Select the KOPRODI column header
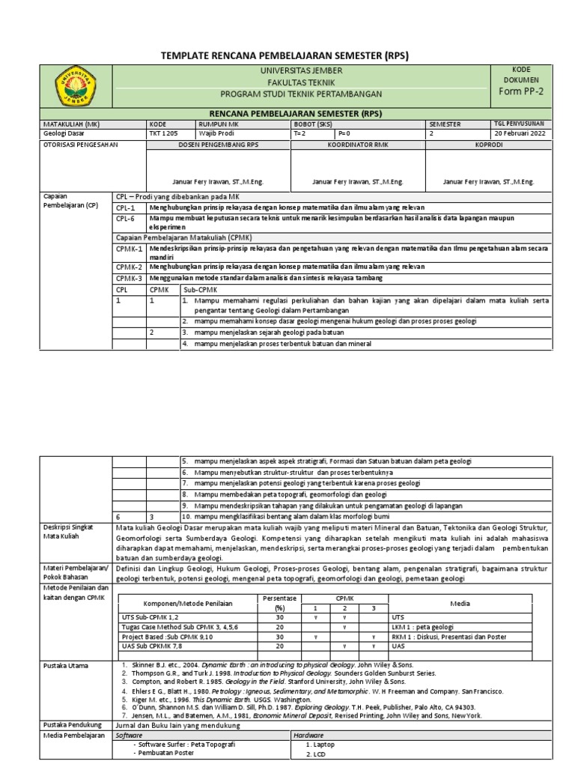click(493, 145)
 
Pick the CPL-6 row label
click(127, 218)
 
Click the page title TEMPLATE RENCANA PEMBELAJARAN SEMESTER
click(286, 56)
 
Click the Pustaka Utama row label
click(66, 665)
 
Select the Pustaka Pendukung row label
click(72, 726)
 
